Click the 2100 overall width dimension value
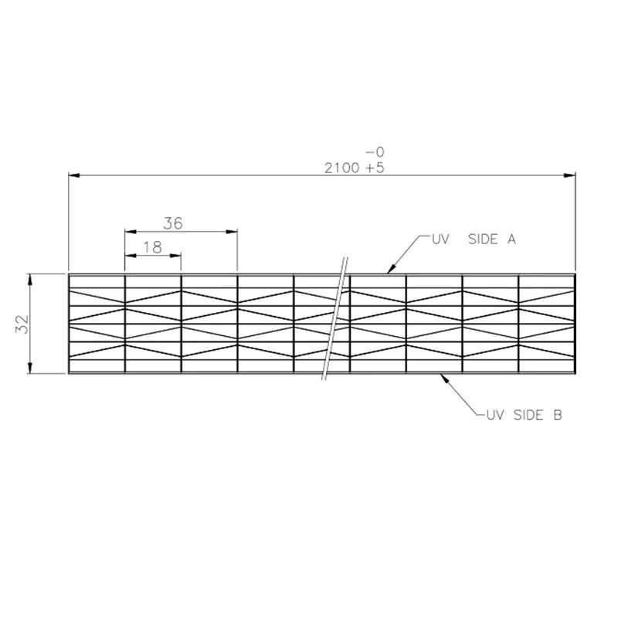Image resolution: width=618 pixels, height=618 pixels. point(341,168)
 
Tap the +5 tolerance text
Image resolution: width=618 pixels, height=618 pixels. point(375,168)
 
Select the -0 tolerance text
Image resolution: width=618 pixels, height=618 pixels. point(375,151)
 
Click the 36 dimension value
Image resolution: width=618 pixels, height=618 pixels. point(173,223)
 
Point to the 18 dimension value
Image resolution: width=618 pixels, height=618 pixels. point(152,247)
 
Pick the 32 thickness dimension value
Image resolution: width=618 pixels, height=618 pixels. point(22,324)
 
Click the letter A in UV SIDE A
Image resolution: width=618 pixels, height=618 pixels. point(511,239)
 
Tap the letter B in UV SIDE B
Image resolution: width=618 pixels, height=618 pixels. point(558,415)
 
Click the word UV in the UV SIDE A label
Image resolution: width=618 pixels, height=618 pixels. point(440,239)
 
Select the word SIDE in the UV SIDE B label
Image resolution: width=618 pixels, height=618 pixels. point(529,415)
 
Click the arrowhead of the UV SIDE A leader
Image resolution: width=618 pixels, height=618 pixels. point(391,269)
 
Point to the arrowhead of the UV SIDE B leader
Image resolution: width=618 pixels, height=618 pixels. point(445,378)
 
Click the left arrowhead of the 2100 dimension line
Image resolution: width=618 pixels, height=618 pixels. point(74,175)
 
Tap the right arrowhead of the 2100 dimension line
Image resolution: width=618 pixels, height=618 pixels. point(570,175)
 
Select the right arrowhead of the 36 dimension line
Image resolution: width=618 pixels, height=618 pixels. point(232,231)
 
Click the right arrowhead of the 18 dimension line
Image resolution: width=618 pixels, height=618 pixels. point(175,256)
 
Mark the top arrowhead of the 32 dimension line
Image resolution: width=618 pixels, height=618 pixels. point(30,279)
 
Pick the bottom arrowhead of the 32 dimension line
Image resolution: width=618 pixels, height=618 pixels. point(30,368)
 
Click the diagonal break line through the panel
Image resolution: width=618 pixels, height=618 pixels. point(335,318)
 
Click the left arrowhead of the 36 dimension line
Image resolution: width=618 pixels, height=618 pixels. point(131,231)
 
